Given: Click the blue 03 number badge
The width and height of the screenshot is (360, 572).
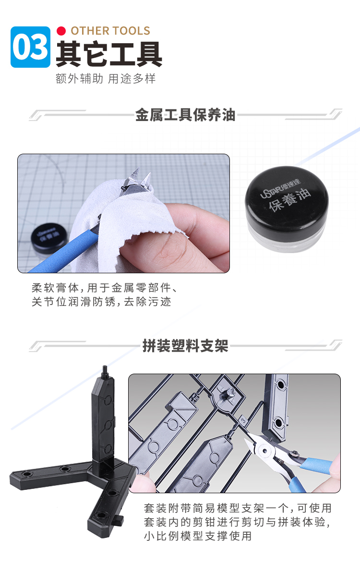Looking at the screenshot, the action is (30, 47).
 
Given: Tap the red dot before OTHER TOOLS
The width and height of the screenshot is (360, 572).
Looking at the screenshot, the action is (61, 31).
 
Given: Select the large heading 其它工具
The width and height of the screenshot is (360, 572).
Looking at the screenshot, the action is (108, 54).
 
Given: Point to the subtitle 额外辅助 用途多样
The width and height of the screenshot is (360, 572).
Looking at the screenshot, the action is (106, 78).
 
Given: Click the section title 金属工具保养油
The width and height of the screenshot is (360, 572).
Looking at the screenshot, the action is (185, 115).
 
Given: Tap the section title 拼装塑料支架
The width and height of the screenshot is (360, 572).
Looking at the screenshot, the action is (185, 346).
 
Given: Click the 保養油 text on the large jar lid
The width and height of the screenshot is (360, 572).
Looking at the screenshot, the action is (290, 200).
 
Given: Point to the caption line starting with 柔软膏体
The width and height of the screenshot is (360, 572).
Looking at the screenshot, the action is (105, 288).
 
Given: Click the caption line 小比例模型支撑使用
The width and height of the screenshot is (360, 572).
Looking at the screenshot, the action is (198, 536).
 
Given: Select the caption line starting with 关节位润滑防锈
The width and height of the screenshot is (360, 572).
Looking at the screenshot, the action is (101, 302).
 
